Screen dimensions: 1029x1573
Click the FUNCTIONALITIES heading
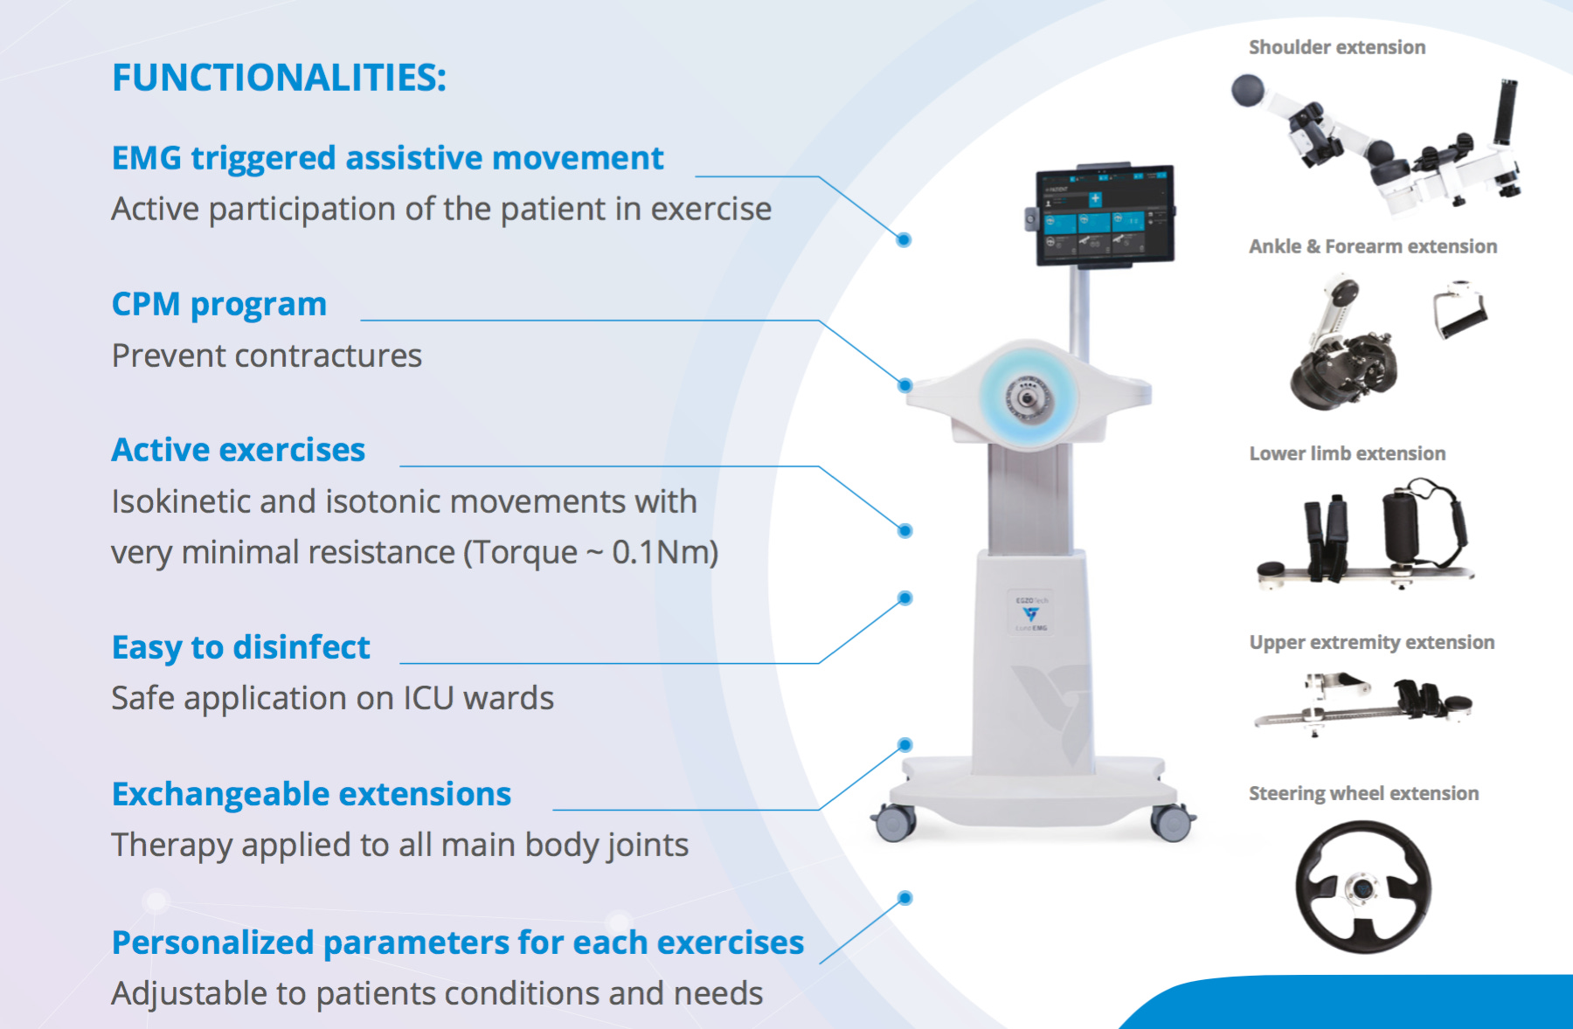click(x=279, y=78)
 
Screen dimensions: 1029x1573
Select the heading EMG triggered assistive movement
click(x=387, y=158)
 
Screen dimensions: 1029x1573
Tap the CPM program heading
click(x=218, y=304)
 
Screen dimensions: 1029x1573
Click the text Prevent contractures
click(x=267, y=356)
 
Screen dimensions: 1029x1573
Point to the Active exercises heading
click(x=238, y=450)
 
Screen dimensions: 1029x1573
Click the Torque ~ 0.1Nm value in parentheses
click(x=591, y=552)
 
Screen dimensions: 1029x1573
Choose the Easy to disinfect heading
click(x=240, y=647)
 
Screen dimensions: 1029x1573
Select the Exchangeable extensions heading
click(x=311, y=794)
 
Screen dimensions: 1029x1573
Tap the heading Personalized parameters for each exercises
click(x=457, y=943)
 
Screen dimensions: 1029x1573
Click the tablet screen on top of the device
click(x=1105, y=214)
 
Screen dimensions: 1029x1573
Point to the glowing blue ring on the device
click(x=1029, y=397)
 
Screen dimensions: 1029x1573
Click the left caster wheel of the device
click(x=894, y=822)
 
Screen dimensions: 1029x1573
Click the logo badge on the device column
click(x=1031, y=614)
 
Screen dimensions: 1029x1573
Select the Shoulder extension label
click(x=1336, y=47)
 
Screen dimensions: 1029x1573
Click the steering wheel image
click(x=1362, y=887)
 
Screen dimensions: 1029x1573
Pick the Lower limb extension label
click(x=1347, y=453)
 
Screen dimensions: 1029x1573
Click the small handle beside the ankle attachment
click(x=1459, y=308)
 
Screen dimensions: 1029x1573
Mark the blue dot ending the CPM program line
click(x=905, y=385)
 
